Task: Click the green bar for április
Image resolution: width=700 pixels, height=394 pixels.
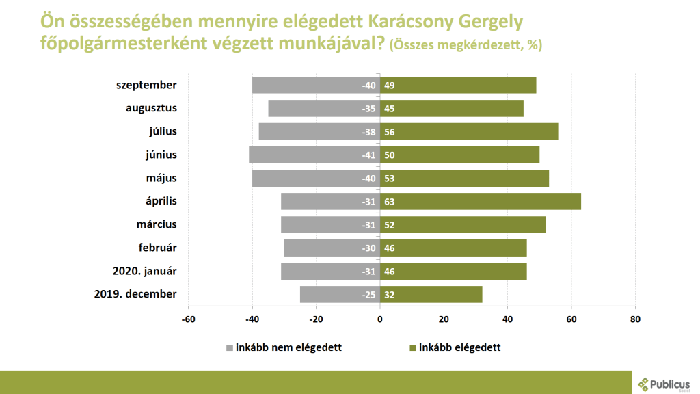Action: (481, 202)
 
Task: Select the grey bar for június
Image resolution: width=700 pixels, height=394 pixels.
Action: (314, 155)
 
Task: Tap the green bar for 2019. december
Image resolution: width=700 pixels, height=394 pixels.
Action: (431, 295)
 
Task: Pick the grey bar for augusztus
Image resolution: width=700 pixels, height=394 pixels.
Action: (324, 109)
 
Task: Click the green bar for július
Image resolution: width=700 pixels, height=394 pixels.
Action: (470, 132)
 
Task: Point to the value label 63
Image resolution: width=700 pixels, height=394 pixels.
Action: (390, 202)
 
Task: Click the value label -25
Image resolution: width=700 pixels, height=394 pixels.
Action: (369, 295)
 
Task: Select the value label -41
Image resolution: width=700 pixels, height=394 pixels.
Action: (369, 155)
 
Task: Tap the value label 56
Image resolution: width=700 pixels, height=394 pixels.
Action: (390, 132)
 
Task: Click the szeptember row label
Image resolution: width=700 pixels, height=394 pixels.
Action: (146, 86)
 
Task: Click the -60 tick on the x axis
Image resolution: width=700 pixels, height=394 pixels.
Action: (189, 319)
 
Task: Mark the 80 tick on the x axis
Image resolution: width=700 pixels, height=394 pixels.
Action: (635, 319)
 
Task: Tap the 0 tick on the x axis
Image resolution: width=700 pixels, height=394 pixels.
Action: (380, 319)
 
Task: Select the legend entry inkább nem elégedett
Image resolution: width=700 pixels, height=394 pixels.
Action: (288, 347)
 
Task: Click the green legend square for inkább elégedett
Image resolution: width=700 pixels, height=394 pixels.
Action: (412, 347)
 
